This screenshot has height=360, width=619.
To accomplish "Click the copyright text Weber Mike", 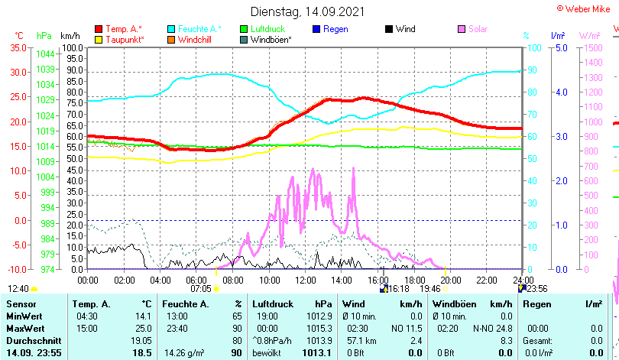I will [587, 8].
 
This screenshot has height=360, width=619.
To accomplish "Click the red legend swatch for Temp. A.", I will [99, 29].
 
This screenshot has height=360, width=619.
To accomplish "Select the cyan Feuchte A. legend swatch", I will [172, 29].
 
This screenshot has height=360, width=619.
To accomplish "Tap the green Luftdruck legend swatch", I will [245, 29].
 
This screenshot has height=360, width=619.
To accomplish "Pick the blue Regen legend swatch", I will [317, 29].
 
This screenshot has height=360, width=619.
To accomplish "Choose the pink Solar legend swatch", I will [462, 29].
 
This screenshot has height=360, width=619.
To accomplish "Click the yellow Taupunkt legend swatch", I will [99, 39].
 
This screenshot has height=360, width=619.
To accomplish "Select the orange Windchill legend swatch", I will [172, 39].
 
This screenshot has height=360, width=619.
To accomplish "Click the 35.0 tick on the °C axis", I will [18, 47].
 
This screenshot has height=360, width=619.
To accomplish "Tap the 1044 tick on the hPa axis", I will [45, 54].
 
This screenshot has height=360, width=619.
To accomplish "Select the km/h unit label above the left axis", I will [70, 36].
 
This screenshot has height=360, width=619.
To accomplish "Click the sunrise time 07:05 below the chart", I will [201, 289].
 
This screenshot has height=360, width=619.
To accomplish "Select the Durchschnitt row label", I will [29, 340].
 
